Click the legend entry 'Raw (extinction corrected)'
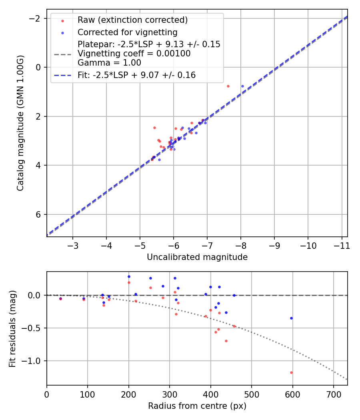tap(132, 20)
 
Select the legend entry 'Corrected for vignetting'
tap(127, 32)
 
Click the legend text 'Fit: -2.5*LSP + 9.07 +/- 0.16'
tap(136, 75)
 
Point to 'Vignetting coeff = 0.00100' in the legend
tap(134, 54)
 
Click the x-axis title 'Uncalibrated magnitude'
tap(197, 257)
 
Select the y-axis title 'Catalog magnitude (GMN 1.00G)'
tap(20, 123)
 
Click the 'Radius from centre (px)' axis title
tap(197, 406)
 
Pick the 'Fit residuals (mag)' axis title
tap(12, 328)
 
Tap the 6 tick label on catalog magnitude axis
tap(39, 214)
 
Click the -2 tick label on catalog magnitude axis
tap(36, 18)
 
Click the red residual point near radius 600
tap(291, 372)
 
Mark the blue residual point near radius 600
tap(291, 318)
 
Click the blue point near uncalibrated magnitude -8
tap(242, 86)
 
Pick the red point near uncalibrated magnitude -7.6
tap(228, 86)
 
